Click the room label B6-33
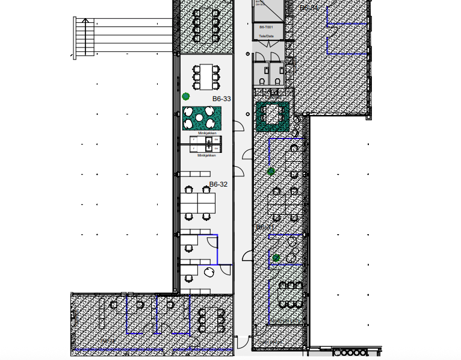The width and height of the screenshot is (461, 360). (x=221, y=99)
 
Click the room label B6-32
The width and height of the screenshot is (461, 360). (x=218, y=184)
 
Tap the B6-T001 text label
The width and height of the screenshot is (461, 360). (x=267, y=28)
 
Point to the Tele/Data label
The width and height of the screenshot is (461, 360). (x=266, y=36)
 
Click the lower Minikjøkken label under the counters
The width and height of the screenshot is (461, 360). (x=206, y=155)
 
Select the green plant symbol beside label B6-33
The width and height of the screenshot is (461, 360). (x=186, y=96)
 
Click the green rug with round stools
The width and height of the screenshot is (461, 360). (x=202, y=118)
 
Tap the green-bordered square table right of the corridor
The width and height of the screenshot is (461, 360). (x=274, y=115)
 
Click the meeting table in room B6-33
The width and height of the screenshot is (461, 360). (x=206, y=75)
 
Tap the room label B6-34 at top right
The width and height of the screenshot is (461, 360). (x=309, y=8)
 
